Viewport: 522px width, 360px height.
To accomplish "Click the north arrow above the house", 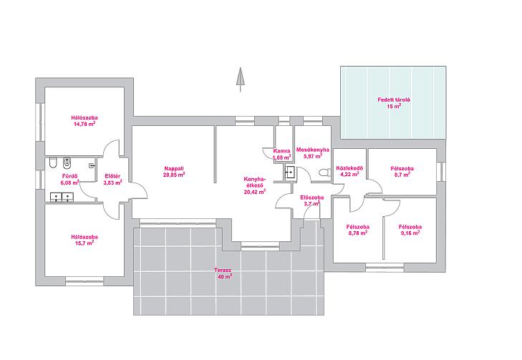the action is tap(239, 79).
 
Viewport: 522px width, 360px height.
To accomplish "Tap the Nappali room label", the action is tap(174, 168).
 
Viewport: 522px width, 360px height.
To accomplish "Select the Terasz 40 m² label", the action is tap(223, 273).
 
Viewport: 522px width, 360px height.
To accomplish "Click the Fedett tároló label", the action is tap(394, 99).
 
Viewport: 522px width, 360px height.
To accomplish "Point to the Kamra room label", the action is tap(281, 151).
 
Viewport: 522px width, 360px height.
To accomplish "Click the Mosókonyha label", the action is tap(313, 150).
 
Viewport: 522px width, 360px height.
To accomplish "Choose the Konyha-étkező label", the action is tap(255, 182).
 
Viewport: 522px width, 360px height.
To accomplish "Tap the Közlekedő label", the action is tap(347, 167).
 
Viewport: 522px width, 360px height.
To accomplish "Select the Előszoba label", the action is tap(312, 198).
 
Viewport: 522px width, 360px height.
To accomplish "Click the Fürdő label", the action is tap(69, 176).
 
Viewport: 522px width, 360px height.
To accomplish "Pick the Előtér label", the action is tap(112, 176).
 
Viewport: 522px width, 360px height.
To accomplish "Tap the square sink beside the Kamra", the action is tap(289, 172).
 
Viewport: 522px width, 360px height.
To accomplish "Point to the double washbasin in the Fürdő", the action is tap(62, 198).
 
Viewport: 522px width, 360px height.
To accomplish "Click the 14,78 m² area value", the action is tap(84, 124).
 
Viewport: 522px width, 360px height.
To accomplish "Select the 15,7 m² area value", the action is tap(84, 243).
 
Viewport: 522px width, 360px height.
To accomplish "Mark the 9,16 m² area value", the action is tap(410, 233).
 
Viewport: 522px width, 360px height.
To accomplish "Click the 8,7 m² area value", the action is tap(402, 175).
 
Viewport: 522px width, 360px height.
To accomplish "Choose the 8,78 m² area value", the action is tap(358, 233).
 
